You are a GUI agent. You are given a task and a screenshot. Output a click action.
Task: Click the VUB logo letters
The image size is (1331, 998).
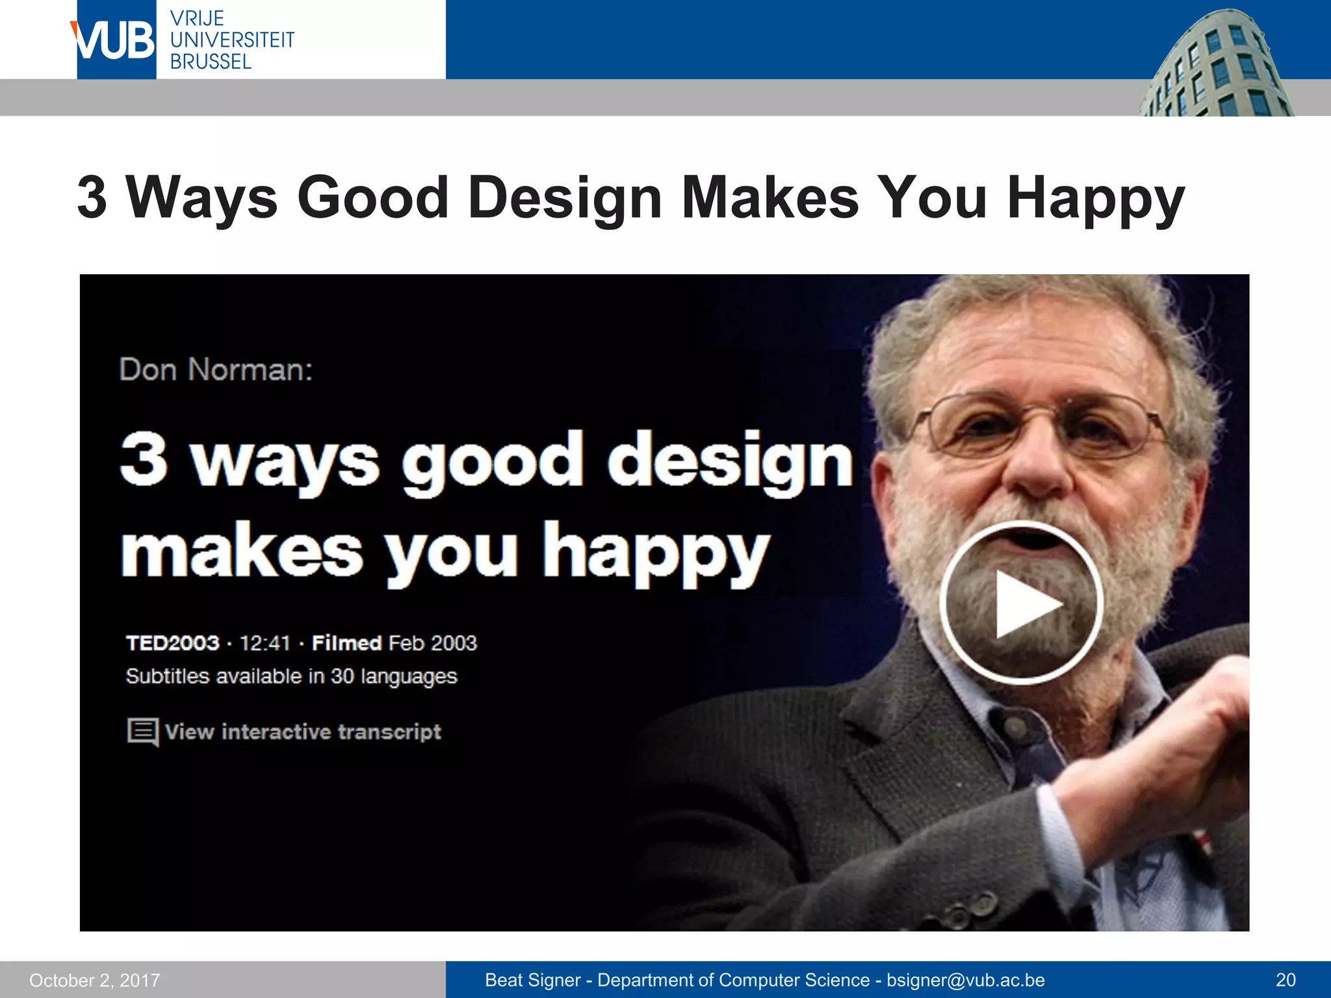coord(114,40)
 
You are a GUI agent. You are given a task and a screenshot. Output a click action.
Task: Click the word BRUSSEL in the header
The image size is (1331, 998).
coord(211,62)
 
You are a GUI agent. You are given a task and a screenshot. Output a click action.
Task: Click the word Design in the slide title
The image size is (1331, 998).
coord(564,198)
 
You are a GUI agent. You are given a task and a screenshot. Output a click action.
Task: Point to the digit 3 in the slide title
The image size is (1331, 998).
coord(92,198)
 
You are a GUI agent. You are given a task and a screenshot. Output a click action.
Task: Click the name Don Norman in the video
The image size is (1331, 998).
coord(216,370)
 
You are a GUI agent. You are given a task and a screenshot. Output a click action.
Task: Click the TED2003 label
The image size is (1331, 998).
coord(172,643)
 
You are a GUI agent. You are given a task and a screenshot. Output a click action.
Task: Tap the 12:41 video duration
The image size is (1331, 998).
coord(265,643)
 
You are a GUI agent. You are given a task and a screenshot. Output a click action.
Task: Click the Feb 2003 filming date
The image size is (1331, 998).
coord(433,643)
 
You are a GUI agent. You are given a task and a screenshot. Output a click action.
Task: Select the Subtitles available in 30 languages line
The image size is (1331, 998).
coord(291,676)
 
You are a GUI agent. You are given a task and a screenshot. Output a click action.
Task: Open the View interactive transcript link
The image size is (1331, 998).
coord(303,732)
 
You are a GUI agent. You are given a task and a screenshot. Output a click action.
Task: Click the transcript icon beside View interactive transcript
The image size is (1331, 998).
coord(142,732)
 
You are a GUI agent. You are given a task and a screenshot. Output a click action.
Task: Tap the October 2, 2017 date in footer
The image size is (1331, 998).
coord(94,980)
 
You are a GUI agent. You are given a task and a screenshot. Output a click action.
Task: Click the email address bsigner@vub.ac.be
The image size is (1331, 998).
coord(966,980)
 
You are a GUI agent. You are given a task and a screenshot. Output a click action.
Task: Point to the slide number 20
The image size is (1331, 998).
coord(1286,980)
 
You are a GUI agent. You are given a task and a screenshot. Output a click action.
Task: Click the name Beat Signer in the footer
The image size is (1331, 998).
coord(532,980)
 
